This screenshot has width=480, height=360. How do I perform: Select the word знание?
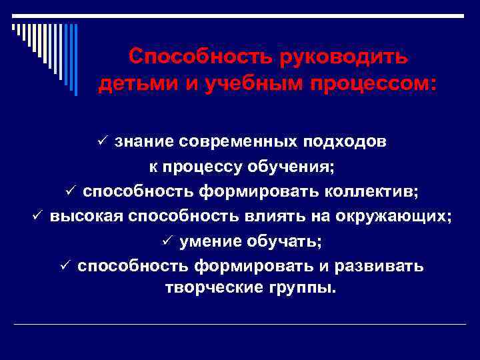(x=143, y=141)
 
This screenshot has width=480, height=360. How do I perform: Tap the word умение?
(x=210, y=241)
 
